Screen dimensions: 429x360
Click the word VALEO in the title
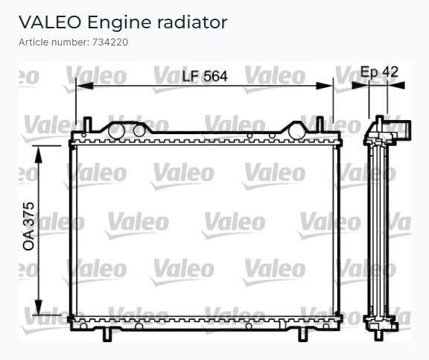(50, 22)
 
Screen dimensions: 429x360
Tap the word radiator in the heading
(192, 22)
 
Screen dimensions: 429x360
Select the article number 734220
(110, 42)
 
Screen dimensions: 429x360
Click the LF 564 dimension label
(205, 76)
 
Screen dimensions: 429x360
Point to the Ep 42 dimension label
(379, 72)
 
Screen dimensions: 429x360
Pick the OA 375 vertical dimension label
(29, 226)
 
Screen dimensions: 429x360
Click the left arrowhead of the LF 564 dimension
(85, 86)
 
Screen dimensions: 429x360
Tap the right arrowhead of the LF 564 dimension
(324, 86)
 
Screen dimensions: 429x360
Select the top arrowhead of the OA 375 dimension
(39, 155)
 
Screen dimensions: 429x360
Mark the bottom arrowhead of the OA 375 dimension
(39, 307)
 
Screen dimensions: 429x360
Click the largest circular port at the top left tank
(116, 131)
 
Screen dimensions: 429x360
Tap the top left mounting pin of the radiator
(87, 124)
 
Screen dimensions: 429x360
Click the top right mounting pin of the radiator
(320, 124)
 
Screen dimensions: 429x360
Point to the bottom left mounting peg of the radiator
(107, 335)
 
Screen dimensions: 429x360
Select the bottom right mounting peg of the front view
(303, 335)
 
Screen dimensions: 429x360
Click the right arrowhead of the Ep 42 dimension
(396, 86)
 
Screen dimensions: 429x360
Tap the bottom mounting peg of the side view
(378, 335)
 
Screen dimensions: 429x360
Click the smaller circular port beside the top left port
(139, 131)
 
